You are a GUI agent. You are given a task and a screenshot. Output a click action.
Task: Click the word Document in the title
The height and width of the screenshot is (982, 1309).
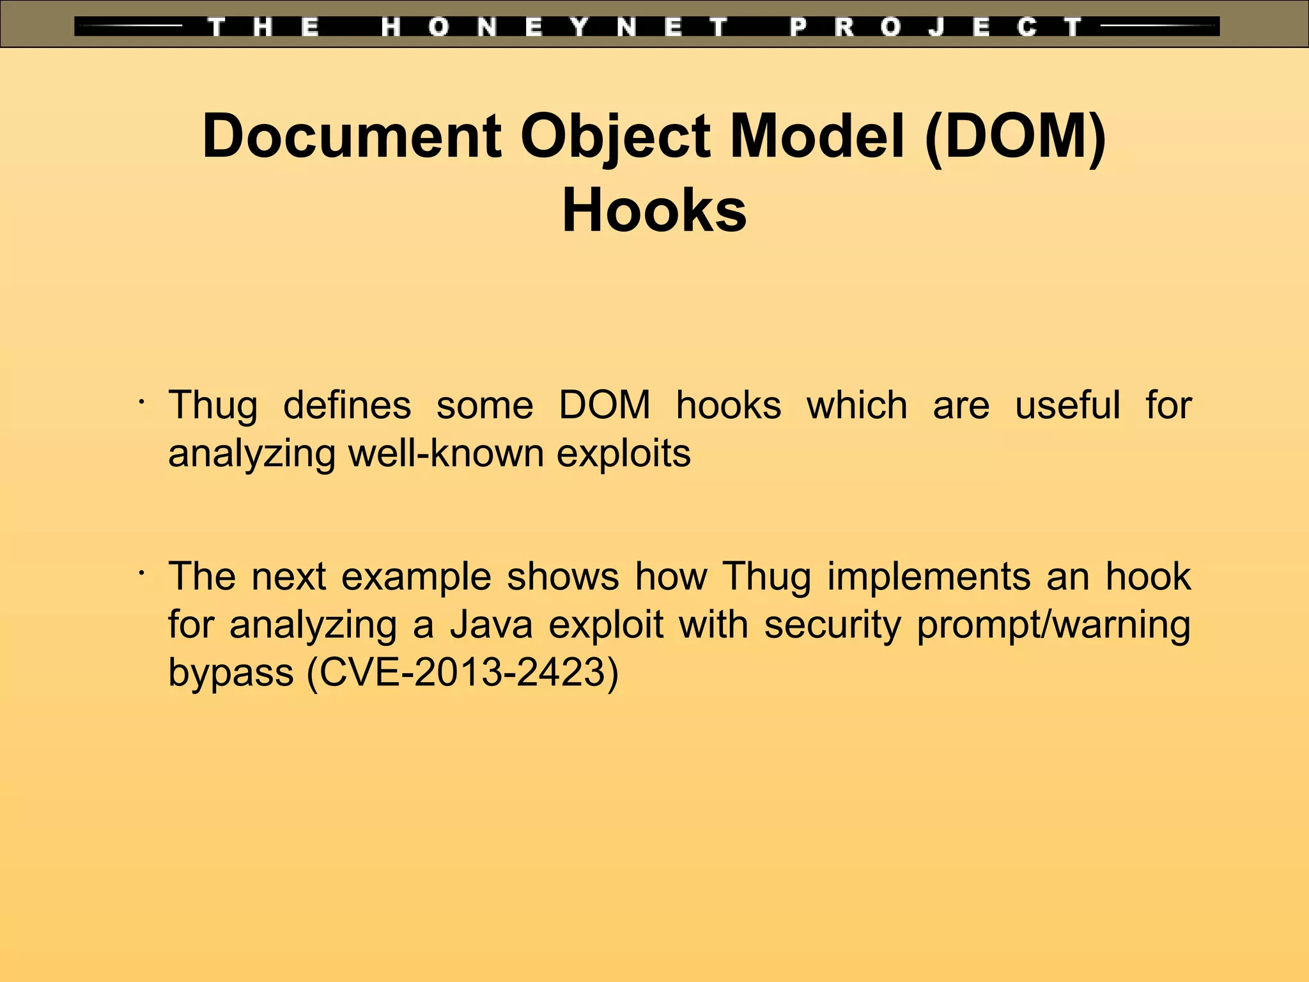pyautogui.click(x=352, y=137)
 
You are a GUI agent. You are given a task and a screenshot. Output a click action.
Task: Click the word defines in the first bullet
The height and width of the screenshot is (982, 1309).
pyautogui.click(x=347, y=405)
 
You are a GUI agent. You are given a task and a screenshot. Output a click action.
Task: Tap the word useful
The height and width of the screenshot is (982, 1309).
pyautogui.click(x=1067, y=405)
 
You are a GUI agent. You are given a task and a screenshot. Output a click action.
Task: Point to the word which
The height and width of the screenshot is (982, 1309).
pyautogui.click(x=856, y=405)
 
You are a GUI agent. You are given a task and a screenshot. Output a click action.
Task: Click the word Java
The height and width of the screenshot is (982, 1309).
pyautogui.click(x=491, y=625)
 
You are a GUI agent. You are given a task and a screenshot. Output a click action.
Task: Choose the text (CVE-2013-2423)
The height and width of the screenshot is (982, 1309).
pyautogui.click(x=463, y=673)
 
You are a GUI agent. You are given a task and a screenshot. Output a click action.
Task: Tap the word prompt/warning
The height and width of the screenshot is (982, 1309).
pyautogui.click(x=1053, y=625)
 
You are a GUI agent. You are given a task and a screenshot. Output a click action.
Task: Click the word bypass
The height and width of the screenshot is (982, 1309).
pyautogui.click(x=231, y=674)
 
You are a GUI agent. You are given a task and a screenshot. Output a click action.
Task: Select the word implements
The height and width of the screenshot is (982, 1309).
pyautogui.click(x=929, y=577)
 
